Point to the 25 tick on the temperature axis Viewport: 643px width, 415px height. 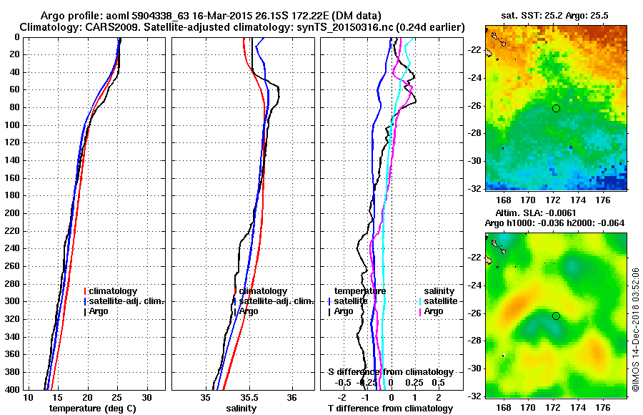click(117, 398)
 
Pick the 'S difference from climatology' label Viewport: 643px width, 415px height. click(390, 372)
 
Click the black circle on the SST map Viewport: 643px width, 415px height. click(556, 108)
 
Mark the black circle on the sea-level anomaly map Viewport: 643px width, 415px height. click(556, 316)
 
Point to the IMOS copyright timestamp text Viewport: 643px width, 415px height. click(635, 328)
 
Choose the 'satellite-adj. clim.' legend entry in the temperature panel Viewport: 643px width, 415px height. click(126, 301)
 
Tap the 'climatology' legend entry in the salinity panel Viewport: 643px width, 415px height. click(263, 291)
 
